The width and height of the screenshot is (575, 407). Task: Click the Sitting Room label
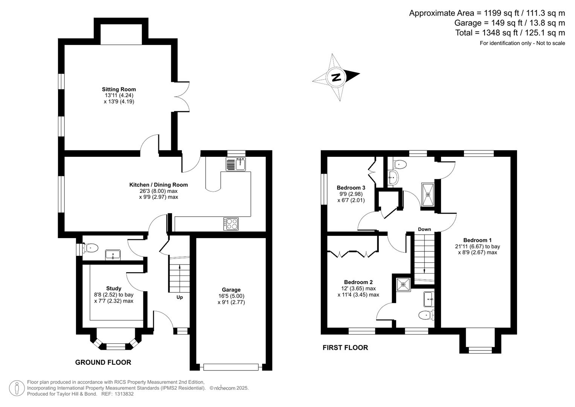coord(119,89)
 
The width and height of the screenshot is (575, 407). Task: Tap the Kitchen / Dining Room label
coord(159,185)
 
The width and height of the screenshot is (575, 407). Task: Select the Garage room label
coord(231,290)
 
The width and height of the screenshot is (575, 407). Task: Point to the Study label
coord(114,288)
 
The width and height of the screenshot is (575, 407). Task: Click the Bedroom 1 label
coord(477,240)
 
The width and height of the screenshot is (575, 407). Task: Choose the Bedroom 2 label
coord(358,282)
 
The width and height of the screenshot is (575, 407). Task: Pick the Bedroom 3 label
coord(351,188)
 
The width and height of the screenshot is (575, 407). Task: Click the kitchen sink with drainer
coord(236,164)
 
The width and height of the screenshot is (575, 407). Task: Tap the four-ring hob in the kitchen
coord(231,224)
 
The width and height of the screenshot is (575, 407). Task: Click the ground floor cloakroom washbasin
coord(113,255)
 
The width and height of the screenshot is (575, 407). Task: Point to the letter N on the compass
coord(336,77)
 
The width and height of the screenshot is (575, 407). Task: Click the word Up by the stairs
coord(180,297)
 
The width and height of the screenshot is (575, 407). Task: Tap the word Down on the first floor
coord(424,229)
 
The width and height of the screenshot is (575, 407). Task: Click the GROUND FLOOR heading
coord(103,363)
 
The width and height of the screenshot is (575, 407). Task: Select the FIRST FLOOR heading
coord(345,348)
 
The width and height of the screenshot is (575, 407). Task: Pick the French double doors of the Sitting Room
coord(181,96)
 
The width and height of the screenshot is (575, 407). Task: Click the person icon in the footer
coord(17,388)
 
